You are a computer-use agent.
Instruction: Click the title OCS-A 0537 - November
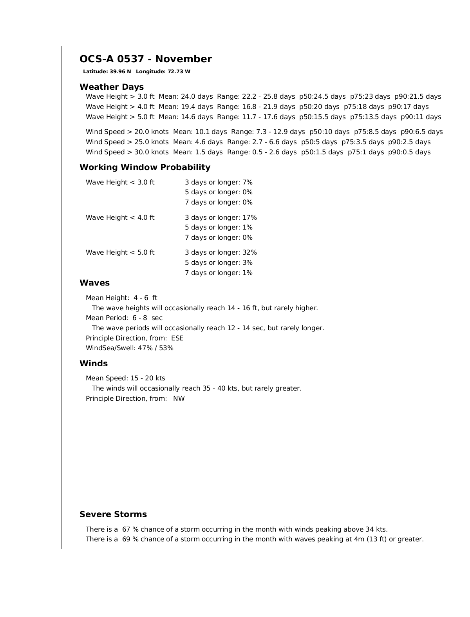(145, 59)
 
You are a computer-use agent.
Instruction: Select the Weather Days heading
(111, 87)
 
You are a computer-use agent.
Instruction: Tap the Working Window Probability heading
(145, 167)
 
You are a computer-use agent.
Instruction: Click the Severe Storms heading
(113, 514)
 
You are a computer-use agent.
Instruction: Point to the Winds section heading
(93, 364)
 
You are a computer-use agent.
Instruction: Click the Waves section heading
(94, 283)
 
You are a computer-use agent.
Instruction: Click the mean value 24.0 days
(197, 97)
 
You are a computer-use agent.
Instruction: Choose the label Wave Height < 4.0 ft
(120, 217)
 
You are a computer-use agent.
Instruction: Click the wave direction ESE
(177, 338)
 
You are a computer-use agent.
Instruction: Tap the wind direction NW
(179, 399)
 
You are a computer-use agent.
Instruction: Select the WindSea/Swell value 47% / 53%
(155, 348)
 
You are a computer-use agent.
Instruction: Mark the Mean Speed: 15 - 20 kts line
(125, 378)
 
